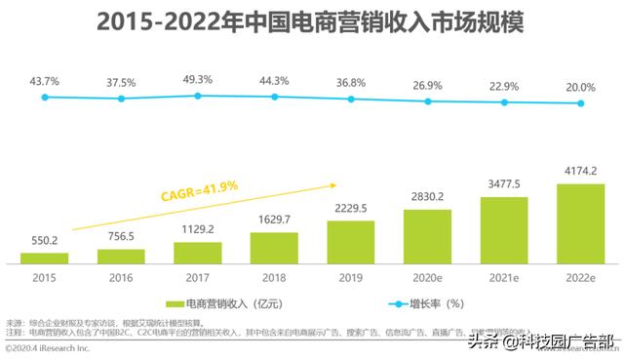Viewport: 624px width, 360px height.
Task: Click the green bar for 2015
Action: [x=45, y=258]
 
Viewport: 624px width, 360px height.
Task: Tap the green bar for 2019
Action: [x=351, y=242]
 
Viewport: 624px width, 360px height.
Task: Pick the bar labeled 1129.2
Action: [x=198, y=253]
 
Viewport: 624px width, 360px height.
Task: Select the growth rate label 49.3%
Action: [x=198, y=79]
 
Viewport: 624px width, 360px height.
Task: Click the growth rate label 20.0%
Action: [x=581, y=86]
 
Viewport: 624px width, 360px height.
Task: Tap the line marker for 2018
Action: [x=275, y=98]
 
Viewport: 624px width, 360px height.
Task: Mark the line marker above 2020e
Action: [x=428, y=101]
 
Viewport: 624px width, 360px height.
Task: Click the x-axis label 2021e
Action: [x=505, y=277]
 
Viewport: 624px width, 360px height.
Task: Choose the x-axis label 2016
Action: [x=122, y=277]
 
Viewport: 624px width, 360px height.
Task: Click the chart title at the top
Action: [x=311, y=22]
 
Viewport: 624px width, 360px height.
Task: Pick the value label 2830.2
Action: [x=428, y=194]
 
